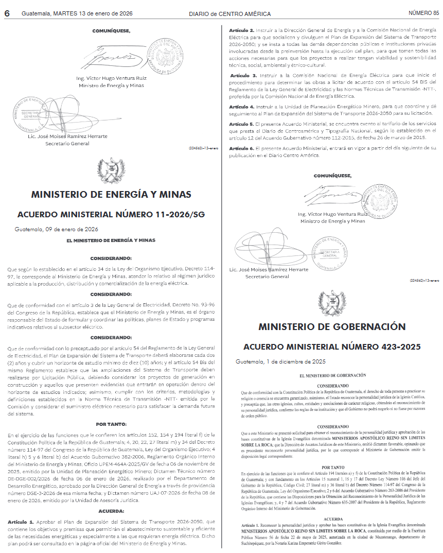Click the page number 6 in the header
point(7,14)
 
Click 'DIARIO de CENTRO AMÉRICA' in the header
point(229,14)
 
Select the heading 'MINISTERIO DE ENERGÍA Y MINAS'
point(111,195)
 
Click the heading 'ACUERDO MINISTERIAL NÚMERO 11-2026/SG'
point(111,214)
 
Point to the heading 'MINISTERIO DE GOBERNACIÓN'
point(332,327)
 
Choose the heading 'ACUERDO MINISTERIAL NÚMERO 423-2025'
point(332,347)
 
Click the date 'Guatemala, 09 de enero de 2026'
point(57,229)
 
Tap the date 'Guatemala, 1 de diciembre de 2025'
point(280,361)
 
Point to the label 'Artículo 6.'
point(242,148)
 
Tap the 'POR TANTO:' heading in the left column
point(111,424)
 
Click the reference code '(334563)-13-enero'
point(204,148)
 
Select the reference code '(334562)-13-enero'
point(425,281)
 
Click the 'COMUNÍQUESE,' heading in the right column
point(332,176)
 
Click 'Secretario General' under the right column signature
point(267,276)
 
